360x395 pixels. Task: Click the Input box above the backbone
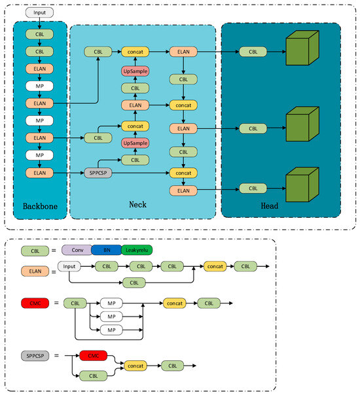pos(39,12)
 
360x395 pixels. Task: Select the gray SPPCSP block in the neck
pos(97,173)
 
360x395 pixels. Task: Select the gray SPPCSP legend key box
pos(34,356)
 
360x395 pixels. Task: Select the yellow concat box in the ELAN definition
pos(215,267)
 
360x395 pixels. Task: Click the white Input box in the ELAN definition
pos(69,267)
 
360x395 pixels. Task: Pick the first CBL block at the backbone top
pos(39,33)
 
